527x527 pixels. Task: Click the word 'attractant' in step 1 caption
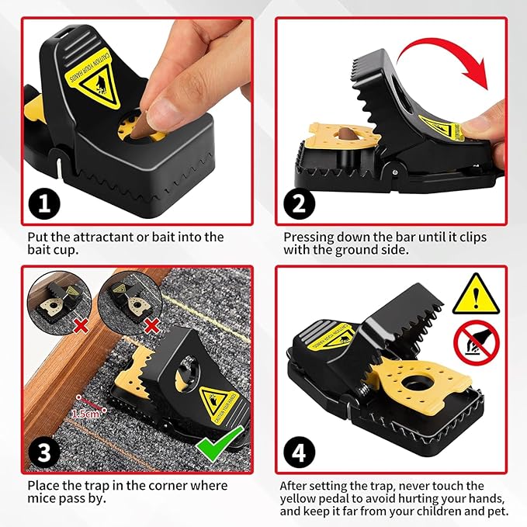(100, 237)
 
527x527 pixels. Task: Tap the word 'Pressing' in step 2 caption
(309, 237)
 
